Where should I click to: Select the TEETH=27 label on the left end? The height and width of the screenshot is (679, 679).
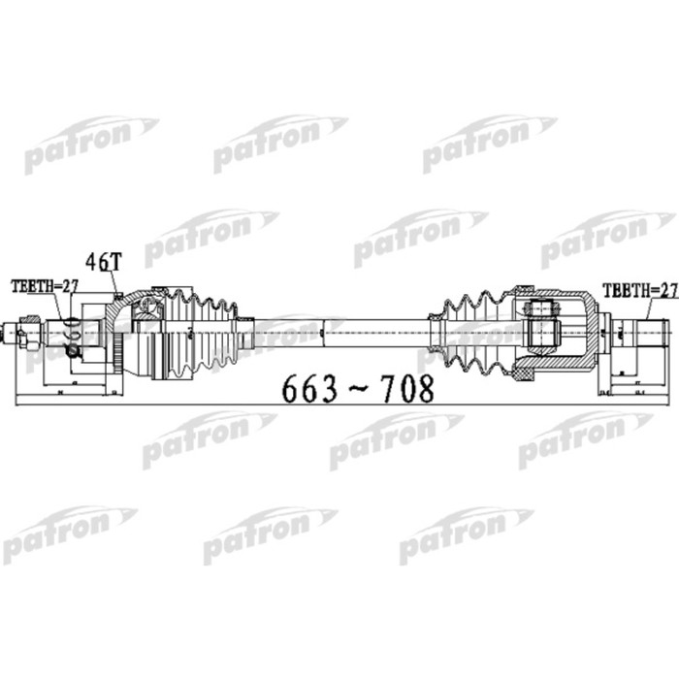[44, 285]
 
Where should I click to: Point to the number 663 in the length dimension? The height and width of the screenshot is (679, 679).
[309, 388]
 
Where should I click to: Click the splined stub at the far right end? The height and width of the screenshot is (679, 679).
[646, 335]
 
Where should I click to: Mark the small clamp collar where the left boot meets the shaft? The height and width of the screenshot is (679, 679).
[246, 333]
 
